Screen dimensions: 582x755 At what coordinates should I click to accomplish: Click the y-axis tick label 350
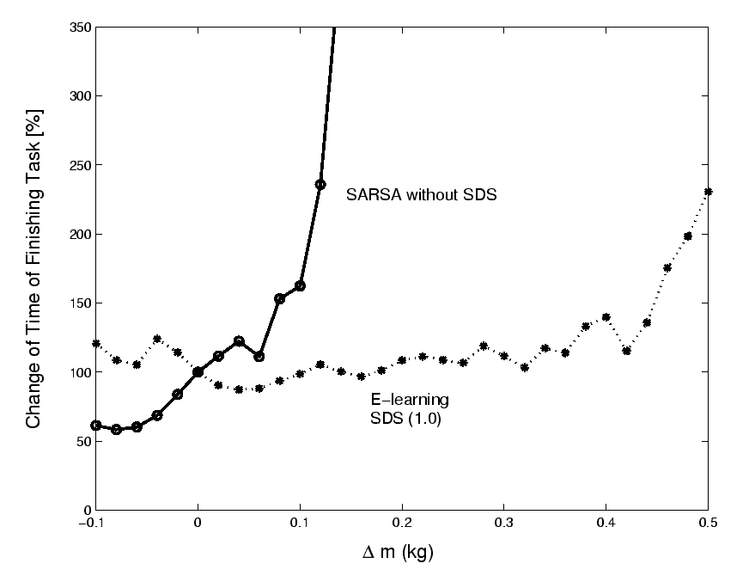pos(80,28)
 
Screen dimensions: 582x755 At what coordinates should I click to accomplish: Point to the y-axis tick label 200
pos(80,234)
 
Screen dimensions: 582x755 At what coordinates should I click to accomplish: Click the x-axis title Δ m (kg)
pos(396,553)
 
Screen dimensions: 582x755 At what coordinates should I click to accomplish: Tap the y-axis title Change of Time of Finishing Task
pos(33,268)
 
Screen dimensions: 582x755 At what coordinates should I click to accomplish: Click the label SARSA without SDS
pos(422,195)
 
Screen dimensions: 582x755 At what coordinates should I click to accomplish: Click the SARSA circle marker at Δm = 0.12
pos(320,184)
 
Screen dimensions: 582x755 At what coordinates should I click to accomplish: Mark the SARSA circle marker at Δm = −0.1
pos(96,426)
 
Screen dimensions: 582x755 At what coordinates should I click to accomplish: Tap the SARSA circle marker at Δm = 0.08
pos(279,298)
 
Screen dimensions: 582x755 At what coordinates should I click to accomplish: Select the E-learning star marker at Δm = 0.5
pos(708,192)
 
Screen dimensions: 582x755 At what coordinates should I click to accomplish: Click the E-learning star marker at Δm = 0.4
pos(606,317)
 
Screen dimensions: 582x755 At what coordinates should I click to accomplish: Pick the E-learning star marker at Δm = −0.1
pos(96,343)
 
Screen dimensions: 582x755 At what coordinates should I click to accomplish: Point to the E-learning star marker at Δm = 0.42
pos(626,351)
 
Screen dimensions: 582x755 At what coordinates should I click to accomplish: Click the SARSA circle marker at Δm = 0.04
pos(239,341)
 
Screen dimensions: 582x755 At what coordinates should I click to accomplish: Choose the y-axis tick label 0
pos(87,510)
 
